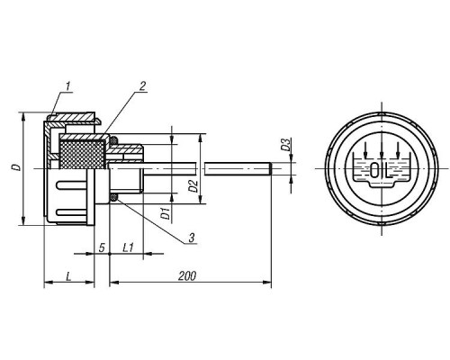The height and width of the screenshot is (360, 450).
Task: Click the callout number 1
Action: click(68, 86)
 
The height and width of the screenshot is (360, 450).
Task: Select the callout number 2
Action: click(142, 86)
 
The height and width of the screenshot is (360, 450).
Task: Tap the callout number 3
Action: click(192, 238)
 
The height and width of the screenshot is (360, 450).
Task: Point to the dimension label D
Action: click(18, 167)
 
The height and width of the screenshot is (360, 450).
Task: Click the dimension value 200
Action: click(187, 276)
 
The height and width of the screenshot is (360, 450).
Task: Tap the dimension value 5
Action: click(102, 248)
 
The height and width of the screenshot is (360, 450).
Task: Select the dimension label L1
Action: click(128, 247)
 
